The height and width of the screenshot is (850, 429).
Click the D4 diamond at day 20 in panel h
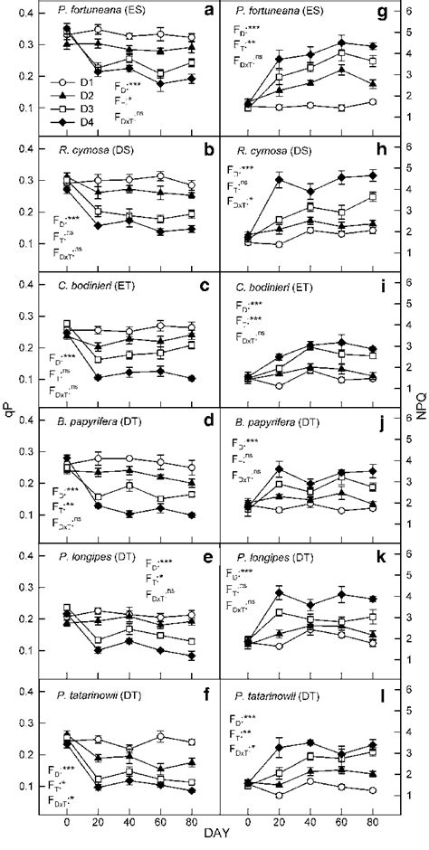[280, 181]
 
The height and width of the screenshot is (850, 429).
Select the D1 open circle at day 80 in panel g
[372, 102]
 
